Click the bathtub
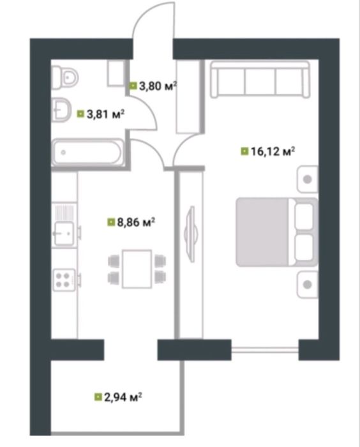point(87,152)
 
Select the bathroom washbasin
point(62,110)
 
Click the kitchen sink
point(64,234)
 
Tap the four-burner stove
point(64,280)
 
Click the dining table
point(137,269)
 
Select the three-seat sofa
point(260,80)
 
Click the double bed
point(276,232)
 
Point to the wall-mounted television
point(191,234)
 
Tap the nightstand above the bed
point(307,179)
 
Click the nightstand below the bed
point(307,285)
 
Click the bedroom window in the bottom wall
point(265,349)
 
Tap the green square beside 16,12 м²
point(244,151)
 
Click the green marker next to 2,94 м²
point(98,397)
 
